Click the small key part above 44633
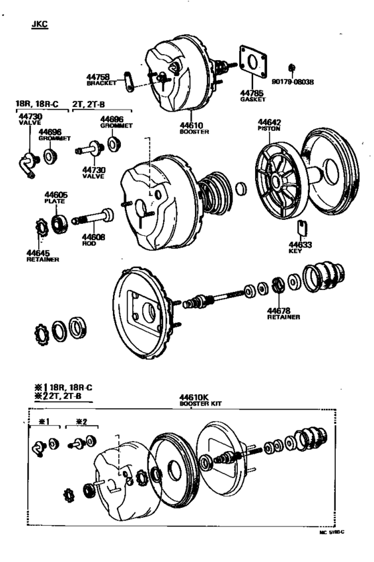[301, 228]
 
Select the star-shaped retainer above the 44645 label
[39, 228]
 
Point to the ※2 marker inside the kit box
[81, 422]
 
